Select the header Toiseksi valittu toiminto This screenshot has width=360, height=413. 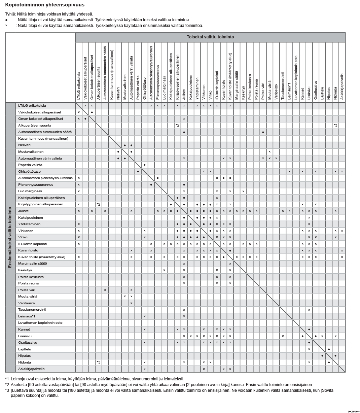tap(210, 37)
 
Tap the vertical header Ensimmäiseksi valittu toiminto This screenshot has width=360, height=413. tap(10, 237)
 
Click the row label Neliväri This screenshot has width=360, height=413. tap(24, 145)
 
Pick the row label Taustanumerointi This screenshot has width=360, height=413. tap(32, 310)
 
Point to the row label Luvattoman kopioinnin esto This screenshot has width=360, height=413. tap(40, 323)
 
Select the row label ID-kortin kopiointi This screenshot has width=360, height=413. tap(32, 244)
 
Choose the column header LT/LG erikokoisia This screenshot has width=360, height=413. tap(79, 85)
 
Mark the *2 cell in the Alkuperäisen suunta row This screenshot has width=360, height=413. tap(177, 125)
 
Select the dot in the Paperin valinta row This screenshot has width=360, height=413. tap(145, 165)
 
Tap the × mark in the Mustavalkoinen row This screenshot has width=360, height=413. tap(269, 152)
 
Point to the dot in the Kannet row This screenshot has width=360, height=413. tap(309, 330)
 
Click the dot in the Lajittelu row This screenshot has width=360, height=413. tap(329, 349)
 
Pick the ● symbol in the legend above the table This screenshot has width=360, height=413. tap(6, 20)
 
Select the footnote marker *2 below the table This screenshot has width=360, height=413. tap(7, 384)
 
